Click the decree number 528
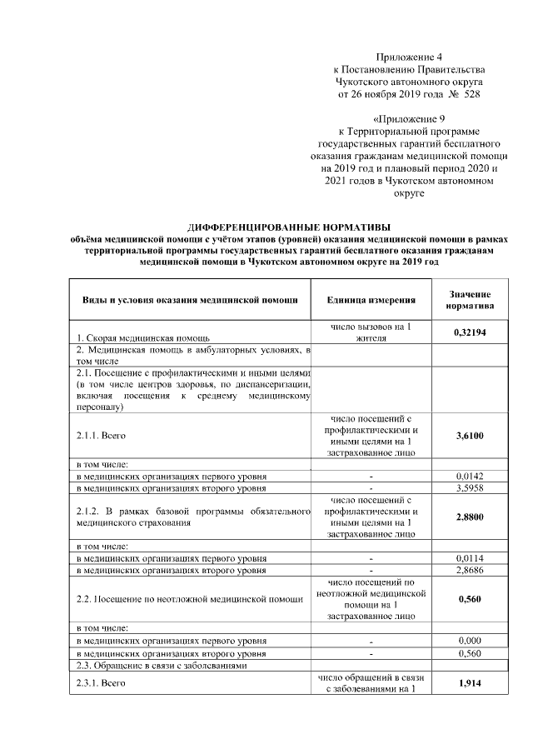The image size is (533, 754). point(472,95)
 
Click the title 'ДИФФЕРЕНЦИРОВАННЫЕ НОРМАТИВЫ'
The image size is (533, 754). point(289,227)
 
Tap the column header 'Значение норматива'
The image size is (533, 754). point(470,300)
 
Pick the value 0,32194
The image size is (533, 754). point(470,332)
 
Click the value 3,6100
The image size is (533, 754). point(470,435)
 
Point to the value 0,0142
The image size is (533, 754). point(470,476)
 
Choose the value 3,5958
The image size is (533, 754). point(470,487)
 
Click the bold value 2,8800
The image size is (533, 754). point(470,517)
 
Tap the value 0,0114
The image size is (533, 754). point(470,557)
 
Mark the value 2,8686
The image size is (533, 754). point(470,569)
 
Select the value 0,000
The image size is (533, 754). point(470,640)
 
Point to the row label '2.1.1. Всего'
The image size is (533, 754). point(101,435)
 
